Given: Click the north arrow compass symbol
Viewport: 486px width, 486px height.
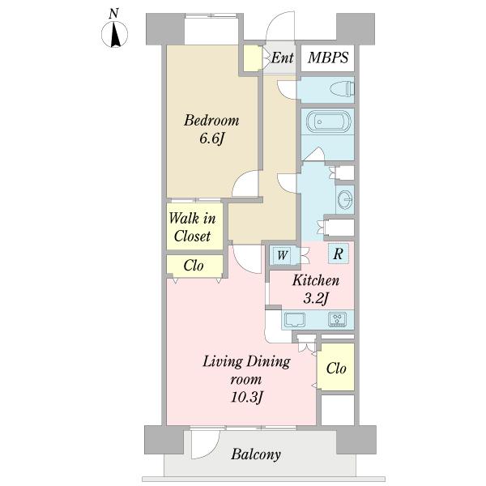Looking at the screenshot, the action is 115,34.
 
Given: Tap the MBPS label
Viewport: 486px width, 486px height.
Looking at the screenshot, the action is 328,58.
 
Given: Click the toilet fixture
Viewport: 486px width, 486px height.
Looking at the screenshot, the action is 342,88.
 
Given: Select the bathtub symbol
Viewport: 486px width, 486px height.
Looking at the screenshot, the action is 328,122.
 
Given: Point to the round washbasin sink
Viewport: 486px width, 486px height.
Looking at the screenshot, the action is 345,199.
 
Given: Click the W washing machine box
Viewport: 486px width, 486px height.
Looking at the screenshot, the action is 282,255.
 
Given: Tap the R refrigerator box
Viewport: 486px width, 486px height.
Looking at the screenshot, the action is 338,254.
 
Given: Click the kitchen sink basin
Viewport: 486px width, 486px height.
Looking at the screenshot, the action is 294,320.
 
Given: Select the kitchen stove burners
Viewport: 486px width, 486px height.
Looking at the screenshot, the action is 337,320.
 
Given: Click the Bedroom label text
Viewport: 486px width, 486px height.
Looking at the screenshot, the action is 211,121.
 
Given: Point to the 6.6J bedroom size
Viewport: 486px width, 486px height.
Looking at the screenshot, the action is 211,139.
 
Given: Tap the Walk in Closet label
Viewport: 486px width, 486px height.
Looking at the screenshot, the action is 192,227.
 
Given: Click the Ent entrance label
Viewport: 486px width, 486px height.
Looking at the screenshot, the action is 282,58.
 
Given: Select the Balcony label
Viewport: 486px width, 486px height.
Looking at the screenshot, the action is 256,454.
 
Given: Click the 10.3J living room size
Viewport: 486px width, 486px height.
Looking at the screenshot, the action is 246,397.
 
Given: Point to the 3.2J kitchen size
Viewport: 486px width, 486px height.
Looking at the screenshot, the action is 315,298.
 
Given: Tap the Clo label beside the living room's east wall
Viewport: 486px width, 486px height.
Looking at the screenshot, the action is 336,369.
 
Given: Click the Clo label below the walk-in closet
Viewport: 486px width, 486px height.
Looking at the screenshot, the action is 194,266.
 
